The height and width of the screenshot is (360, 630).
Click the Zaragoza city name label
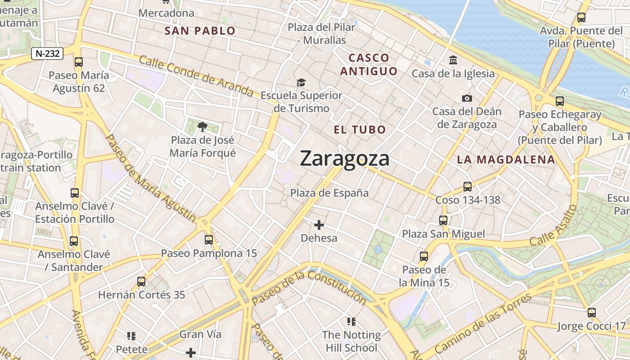tap(344, 158)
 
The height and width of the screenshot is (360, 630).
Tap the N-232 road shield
tap(47, 54)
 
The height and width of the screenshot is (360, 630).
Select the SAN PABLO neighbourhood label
tap(200, 31)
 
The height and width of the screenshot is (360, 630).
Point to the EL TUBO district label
tap(360, 130)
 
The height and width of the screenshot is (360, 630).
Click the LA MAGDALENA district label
tap(506, 159)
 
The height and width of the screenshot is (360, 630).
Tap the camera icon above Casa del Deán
tap(467, 98)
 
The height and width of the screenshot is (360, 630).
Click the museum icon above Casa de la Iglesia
tap(453, 60)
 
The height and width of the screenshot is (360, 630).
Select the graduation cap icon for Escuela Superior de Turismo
tap(301, 82)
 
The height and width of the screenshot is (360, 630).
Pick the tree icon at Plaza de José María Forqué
tap(202, 126)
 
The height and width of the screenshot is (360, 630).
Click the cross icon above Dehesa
tap(319, 225)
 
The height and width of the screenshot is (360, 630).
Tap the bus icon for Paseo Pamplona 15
tap(209, 239)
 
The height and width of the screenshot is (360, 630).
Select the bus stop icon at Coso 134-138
tap(468, 186)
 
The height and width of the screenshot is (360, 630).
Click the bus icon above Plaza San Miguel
tap(443, 220)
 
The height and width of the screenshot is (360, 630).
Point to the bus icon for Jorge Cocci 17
tap(592, 312)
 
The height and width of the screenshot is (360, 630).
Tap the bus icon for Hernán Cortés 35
tap(141, 282)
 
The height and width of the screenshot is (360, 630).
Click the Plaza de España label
tap(329, 193)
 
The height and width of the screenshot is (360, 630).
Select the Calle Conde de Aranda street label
tap(196, 76)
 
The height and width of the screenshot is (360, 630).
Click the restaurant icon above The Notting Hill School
tap(351, 321)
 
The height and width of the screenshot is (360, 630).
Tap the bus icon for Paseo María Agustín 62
tap(79, 62)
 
